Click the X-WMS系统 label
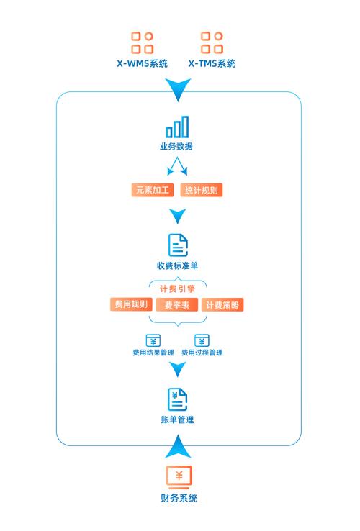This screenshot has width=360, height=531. [143, 63]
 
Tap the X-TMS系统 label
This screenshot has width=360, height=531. [212, 63]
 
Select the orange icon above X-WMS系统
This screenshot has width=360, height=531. [143, 42]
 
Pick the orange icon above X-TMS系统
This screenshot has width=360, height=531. [212, 42]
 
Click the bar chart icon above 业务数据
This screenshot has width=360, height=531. [177, 127]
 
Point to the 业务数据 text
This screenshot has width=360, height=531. [176, 146]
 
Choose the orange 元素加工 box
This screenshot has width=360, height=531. [153, 190]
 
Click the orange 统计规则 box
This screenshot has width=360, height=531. [202, 190]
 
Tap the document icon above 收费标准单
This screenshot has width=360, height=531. [178, 245]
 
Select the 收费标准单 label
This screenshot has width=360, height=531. [177, 265]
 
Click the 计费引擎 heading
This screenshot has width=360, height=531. [178, 289]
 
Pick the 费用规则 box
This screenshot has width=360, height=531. [131, 304]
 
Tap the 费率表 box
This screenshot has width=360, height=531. [177, 305]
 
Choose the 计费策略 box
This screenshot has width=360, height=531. [222, 305]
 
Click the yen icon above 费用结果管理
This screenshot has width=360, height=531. [153, 340]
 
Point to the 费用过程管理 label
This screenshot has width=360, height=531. [202, 353]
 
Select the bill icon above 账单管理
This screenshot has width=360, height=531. [178, 399]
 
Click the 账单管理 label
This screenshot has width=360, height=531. [178, 420]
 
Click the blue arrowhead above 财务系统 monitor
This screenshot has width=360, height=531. [178, 448]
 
